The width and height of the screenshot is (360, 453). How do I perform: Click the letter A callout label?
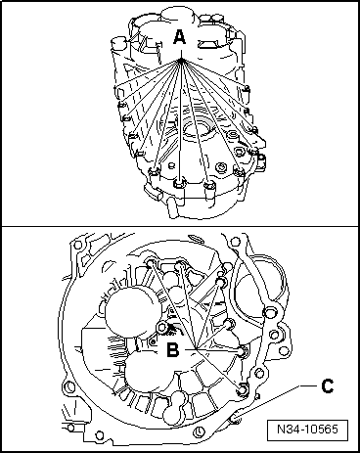click(179, 36)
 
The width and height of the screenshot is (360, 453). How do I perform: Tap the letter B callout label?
click(172, 350)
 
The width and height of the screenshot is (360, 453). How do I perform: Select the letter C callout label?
click(327, 386)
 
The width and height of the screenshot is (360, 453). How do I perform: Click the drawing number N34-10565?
click(307, 429)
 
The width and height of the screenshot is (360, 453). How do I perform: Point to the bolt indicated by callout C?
click(235, 420)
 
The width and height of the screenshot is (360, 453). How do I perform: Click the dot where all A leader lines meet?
click(181, 60)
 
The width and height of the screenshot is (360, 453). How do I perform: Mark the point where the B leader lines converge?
click(196, 349)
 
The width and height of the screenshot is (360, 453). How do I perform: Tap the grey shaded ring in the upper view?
click(197, 126)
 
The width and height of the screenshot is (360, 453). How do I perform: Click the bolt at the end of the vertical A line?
click(179, 183)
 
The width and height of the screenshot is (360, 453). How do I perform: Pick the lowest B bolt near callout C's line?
click(243, 388)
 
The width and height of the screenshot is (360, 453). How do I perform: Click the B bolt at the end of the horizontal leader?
click(243, 351)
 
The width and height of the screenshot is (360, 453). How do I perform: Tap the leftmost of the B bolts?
click(152, 262)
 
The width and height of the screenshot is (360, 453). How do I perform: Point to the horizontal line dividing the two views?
click(180, 226)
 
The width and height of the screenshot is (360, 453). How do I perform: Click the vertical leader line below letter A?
click(180, 119)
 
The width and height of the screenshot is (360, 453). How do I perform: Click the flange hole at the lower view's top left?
click(77, 246)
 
